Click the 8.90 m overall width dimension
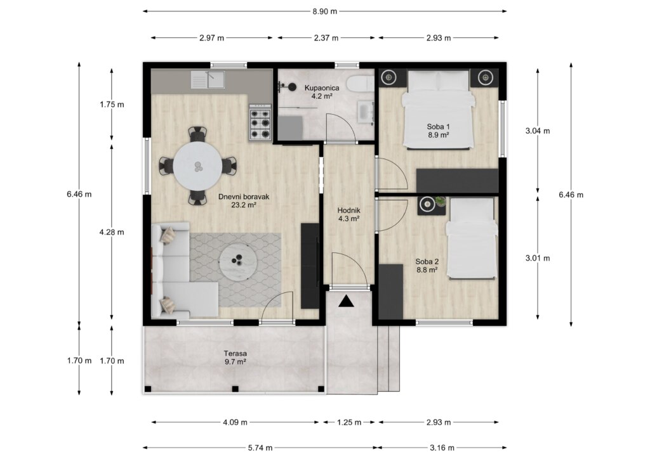click(x=324, y=11)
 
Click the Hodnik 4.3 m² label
click(x=348, y=214)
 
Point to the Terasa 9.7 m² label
click(x=235, y=358)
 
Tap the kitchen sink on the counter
click(x=208, y=79)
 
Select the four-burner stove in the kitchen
click(x=260, y=123)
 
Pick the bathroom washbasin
click(x=366, y=112)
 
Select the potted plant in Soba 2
click(x=441, y=202)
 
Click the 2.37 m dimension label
click(x=326, y=38)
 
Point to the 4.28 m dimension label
click(x=112, y=232)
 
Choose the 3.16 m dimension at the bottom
click(x=442, y=448)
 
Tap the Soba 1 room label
click(x=439, y=131)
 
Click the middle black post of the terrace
click(x=235, y=389)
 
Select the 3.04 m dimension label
click(x=538, y=131)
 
